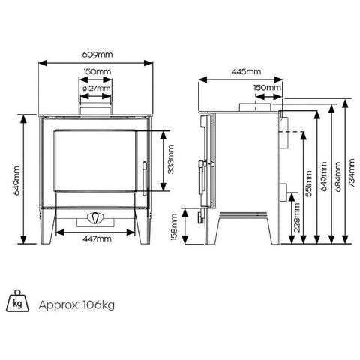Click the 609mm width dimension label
click(x=97, y=55)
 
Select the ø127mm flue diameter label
click(x=96, y=88)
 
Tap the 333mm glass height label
click(x=171, y=160)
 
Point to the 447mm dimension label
click(x=97, y=239)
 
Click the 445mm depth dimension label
click(x=246, y=72)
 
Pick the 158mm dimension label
click(x=174, y=226)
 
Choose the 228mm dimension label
click(x=297, y=217)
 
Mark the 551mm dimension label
click(x=309, y=184)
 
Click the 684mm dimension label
click(x=338, y=176)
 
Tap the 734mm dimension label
click(x=352, y=173)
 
